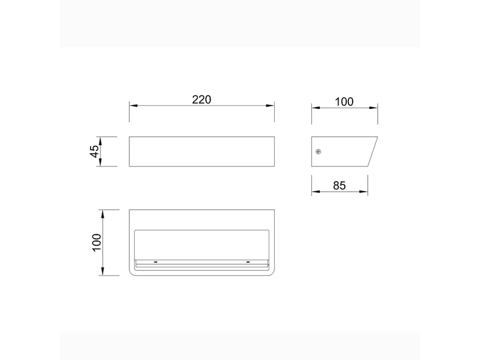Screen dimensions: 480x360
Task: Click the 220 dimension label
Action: point(202,100)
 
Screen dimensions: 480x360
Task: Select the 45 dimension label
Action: point(94,151)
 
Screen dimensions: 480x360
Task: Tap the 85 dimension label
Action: point(339,185)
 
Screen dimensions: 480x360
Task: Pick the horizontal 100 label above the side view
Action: point(344,102)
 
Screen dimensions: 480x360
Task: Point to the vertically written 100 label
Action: point(97,243)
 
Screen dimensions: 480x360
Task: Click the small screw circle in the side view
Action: point(318,152)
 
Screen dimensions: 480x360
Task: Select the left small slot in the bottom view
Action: point(156,262)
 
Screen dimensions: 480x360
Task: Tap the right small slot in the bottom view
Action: point(248,262)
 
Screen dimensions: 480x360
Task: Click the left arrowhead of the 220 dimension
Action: point(133,106)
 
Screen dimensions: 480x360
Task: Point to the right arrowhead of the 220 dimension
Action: point(270,106)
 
